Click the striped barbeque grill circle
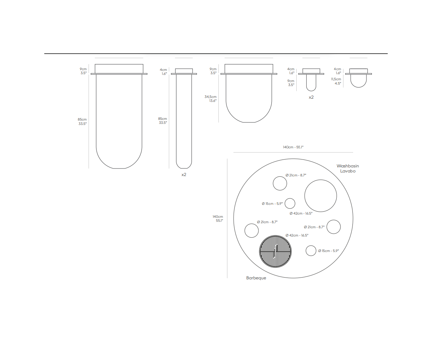click(275, 251)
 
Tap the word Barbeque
click(256, 278)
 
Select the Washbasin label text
click(348, 166)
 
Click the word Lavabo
click(348, 171)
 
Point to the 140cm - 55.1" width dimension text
click(293, 147)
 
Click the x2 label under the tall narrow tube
click(184, 175)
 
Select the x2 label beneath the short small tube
click(311, 97)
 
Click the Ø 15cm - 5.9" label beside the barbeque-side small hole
click(329, 251)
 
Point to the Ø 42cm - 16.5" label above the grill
click(297, 235)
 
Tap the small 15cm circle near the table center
click(290, 198)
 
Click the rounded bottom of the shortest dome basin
click(359, 87)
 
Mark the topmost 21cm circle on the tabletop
click(280, 177)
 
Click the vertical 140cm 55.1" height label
click(218, 219)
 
